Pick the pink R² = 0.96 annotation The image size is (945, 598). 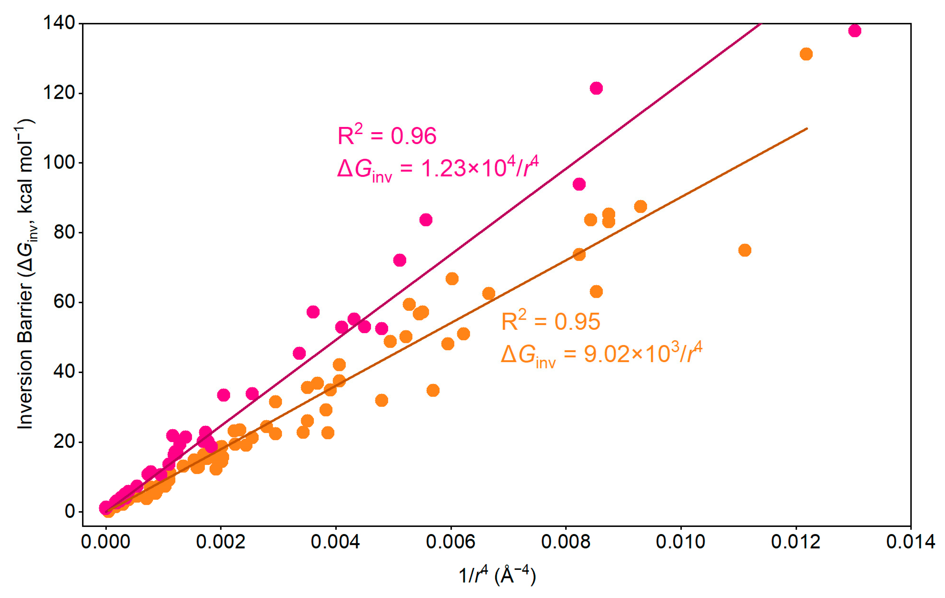[x=386, y=135]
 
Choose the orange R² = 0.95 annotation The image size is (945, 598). [x=550, y=321]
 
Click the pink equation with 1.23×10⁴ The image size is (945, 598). [x=438, y=169]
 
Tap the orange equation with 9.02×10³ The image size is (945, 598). [x=601, y=354]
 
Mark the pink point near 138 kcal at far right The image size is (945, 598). [x=854, y=30]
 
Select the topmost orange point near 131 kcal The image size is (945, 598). [x=806, y=54]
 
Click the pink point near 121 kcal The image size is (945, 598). [x=596, y=88]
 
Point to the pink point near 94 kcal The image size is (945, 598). [x=579, y=184]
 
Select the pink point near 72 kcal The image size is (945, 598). [x=399, y=260]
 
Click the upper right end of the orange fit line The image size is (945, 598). [x=807, y=129]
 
